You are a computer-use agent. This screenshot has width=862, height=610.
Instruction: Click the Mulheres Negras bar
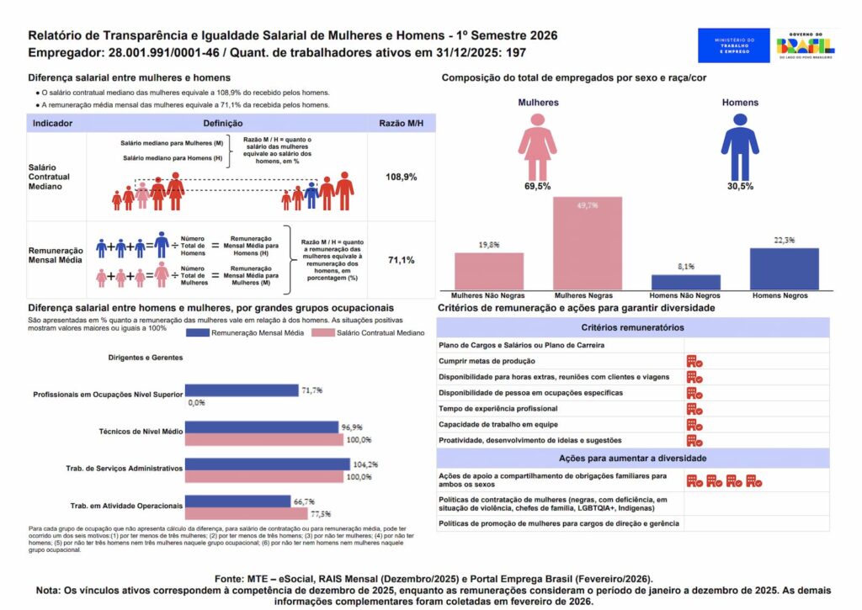tap(587, 243)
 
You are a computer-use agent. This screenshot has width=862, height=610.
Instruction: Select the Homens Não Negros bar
tap(685, 282)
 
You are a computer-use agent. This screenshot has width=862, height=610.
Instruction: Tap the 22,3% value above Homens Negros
tap(784, 240)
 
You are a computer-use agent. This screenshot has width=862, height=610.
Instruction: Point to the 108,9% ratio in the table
tap(401, 178)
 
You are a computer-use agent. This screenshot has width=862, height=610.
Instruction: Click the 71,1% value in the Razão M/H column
tap(401, 260)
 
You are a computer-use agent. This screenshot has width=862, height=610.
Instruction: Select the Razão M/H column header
tap(401, 123)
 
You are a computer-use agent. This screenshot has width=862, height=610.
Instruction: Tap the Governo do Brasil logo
tap(806, 45)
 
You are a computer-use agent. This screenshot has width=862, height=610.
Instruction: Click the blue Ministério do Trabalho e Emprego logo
tap(733, 45)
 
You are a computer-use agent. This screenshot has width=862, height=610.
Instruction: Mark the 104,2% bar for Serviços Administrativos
tap(267, 464)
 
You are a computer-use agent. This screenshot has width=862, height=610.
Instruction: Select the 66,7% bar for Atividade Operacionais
tap(237, 501)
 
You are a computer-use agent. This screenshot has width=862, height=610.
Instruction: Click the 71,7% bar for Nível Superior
tap(242, 390)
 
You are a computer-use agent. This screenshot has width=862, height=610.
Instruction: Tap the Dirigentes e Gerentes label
tap(146, 358)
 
